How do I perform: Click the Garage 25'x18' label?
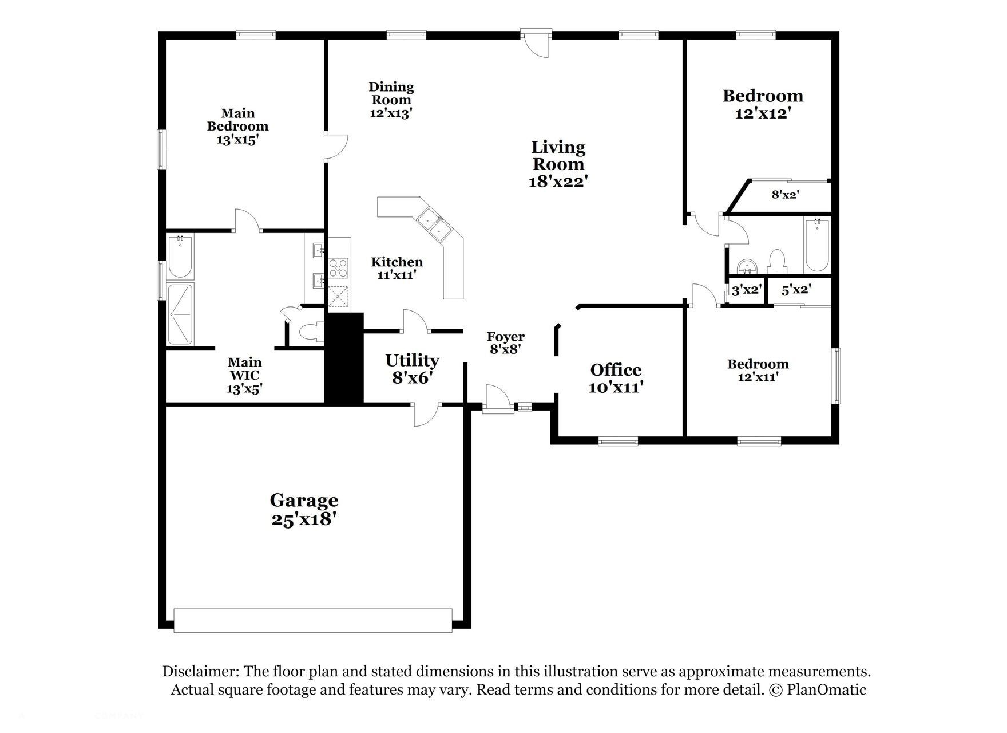coord(304,509)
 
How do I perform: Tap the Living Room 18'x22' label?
coord(558,164)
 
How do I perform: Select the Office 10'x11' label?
coord(616,378)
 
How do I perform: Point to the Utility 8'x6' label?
coord(412,368)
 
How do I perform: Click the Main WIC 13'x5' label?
coord(244,376)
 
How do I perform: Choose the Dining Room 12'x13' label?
coord(391,100)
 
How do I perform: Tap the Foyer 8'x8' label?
coord(505,342)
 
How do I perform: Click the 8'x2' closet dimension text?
coord(785,194)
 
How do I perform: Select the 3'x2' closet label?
coord(746,290)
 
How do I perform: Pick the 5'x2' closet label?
coord(796,290)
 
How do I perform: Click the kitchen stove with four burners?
coord(338,269)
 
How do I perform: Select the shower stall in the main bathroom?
coord(180,314)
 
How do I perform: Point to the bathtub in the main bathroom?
coord(180,256)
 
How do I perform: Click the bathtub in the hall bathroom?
coord(817,246)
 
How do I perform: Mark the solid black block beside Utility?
coord(344,358)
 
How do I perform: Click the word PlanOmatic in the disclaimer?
coord(826,689)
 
